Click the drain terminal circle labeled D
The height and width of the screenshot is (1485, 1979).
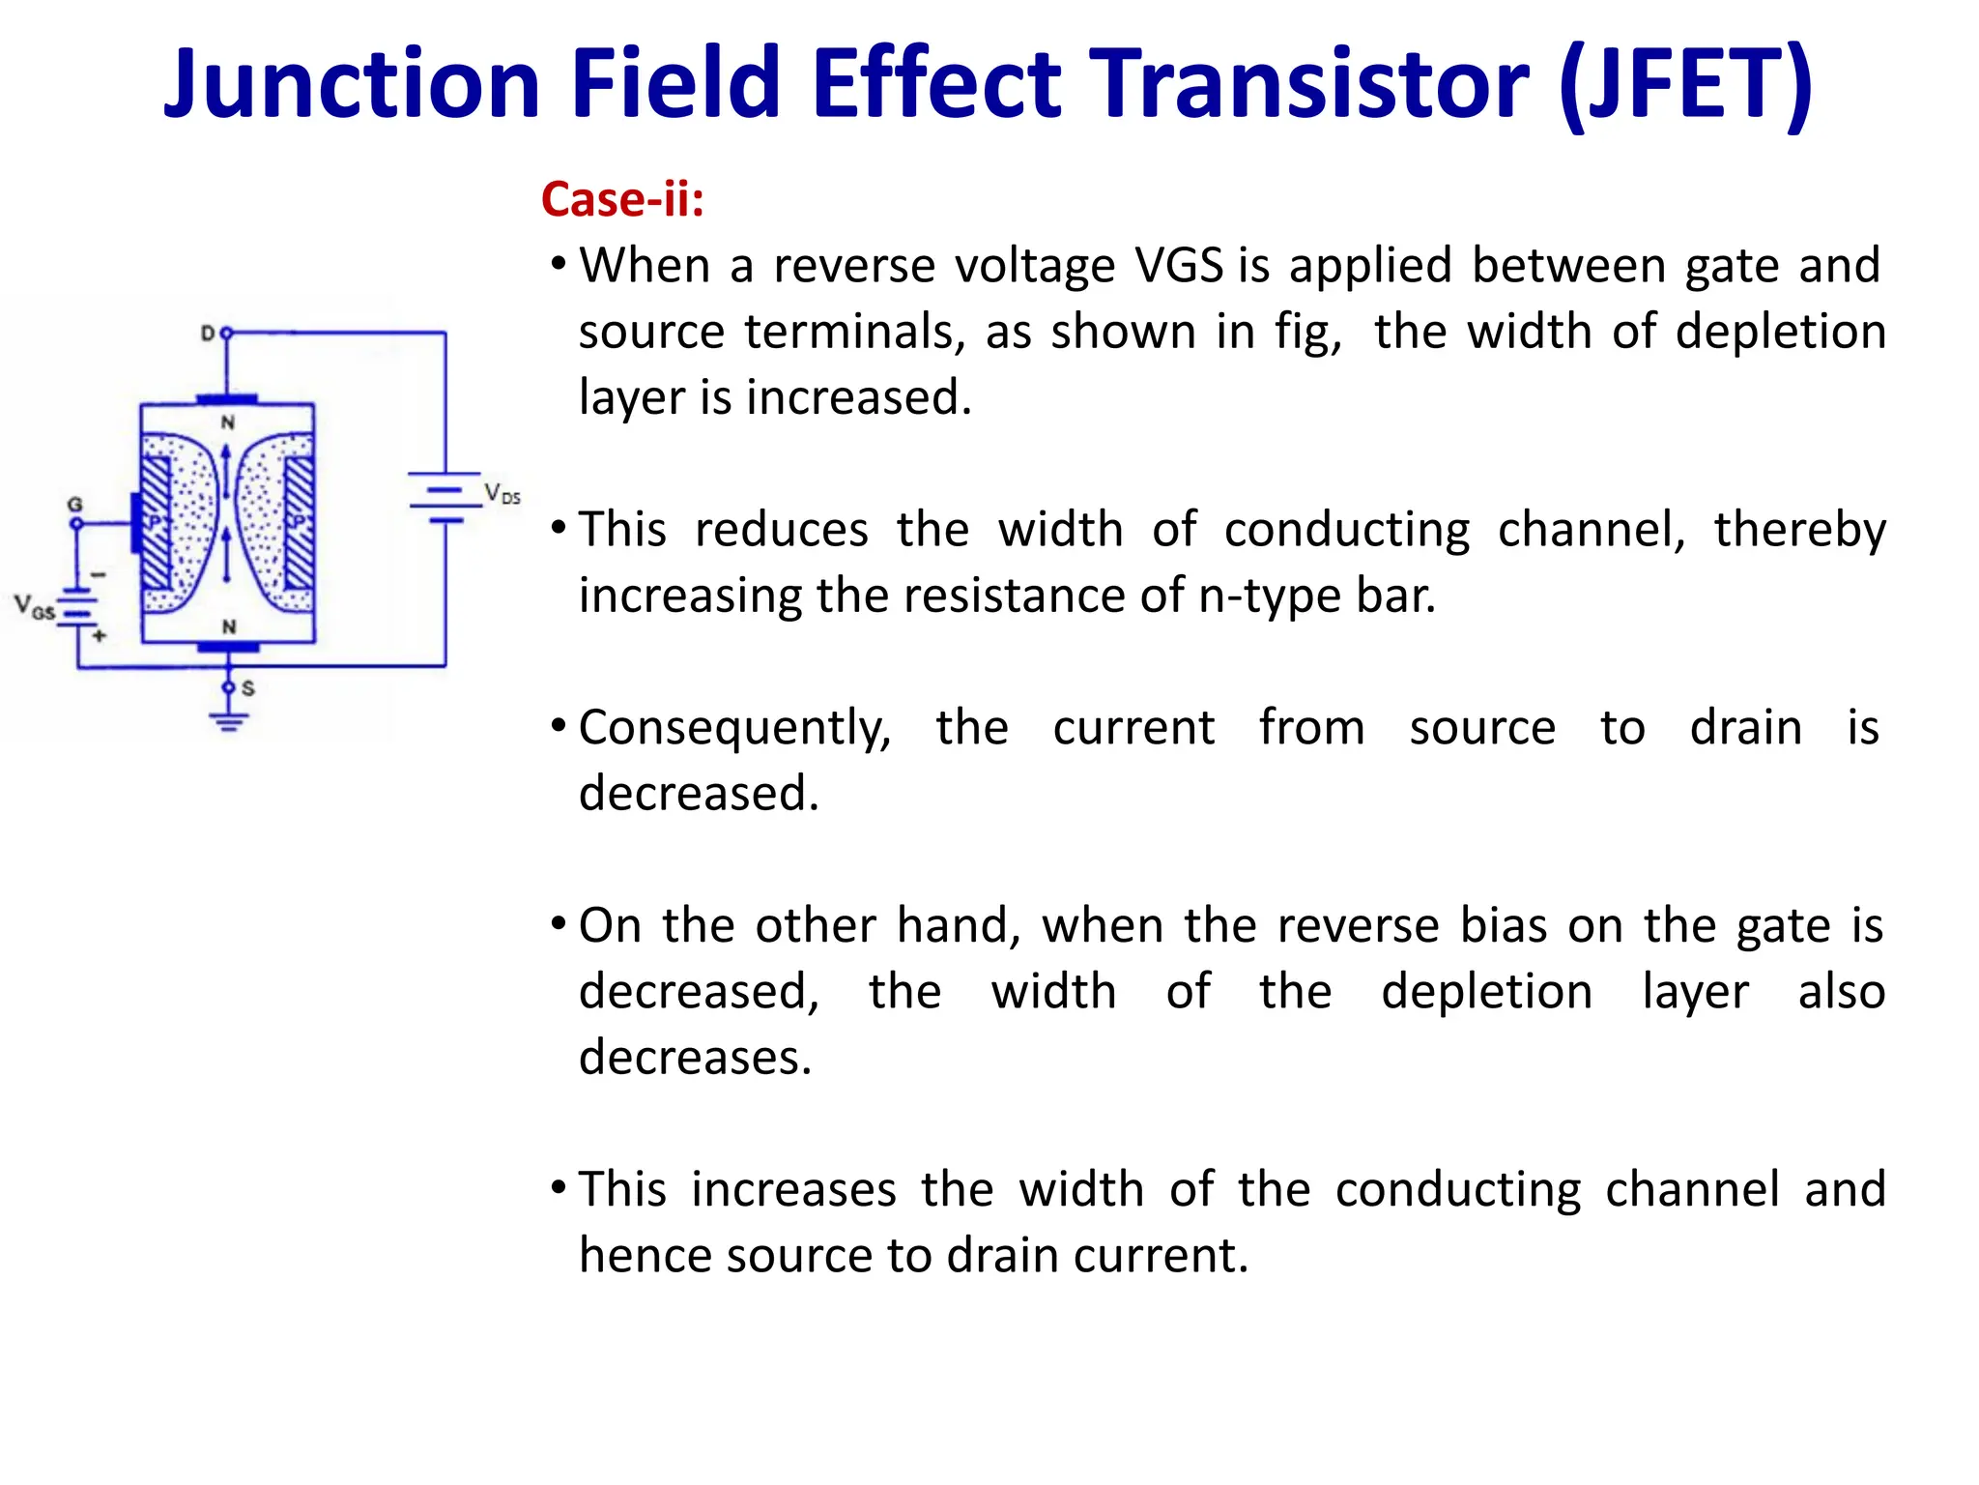coord(227,333)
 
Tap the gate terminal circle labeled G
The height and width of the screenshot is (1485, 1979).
coord(76,524)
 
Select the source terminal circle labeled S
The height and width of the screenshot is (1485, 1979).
coord(229,687)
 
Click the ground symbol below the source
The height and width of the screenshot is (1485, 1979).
coord(229,720)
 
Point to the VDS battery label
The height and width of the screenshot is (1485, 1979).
coord(502,494)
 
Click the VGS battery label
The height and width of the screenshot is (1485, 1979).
coord(34,607)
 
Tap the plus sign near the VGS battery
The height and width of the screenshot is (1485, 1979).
coord(99,635)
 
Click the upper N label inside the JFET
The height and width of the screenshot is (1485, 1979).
coord(228,422)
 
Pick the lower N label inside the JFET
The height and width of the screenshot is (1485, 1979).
coord(229,626)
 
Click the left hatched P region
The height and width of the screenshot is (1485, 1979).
coord(156,523)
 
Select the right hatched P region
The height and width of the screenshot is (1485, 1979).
coord(299,523)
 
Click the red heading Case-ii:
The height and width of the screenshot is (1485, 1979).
coord(622,199)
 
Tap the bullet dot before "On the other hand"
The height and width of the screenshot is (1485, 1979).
coord(559,923)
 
